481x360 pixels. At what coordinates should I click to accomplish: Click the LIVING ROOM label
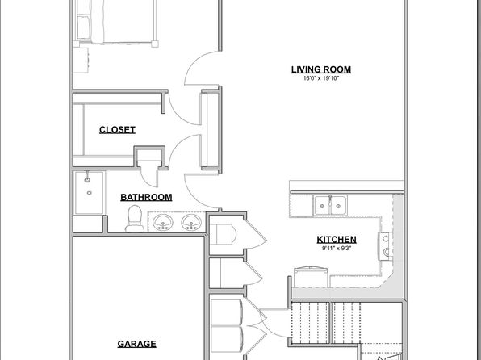[x=321, y=69]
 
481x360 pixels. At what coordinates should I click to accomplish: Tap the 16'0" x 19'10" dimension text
[x=321, y=78]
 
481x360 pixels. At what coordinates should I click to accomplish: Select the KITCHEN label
[x=337, y=240]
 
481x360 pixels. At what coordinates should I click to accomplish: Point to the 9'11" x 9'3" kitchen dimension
[x=337, y=249]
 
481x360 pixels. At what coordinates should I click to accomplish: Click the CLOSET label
[x=117, y=130]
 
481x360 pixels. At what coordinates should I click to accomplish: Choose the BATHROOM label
[x=146, y=197]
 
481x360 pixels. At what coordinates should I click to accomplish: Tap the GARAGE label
[x=137, y=344]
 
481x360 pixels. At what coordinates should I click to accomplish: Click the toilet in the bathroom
[x=135, y=219]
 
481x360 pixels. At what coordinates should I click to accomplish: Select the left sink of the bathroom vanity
[x=163, y=222]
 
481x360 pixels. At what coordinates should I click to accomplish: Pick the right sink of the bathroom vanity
[x=191, y=222]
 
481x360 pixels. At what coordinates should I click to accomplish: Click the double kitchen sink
[x=330, y=205]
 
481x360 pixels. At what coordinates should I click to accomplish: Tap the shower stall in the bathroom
[x=90, y=193]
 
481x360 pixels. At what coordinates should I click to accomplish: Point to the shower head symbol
[x=87, y=178]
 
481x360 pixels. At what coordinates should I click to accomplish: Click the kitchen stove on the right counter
[x=385, y=246]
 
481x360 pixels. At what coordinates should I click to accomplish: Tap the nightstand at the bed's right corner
[x=155, y=44]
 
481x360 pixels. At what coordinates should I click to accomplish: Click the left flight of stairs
[x=310, y=323]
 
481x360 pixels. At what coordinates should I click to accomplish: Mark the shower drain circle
[x=90, y=193]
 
